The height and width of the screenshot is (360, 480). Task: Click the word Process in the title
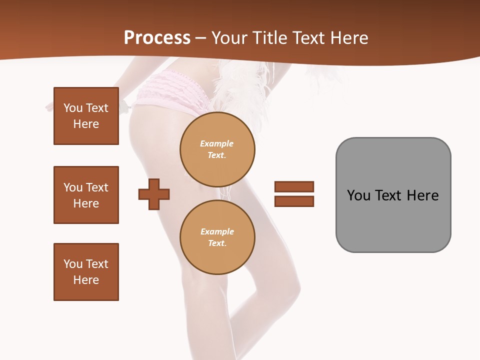[x=157, y=38]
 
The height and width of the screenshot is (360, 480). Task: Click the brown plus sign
[x=154, y=193]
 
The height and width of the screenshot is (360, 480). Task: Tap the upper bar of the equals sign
[x=294, y=186]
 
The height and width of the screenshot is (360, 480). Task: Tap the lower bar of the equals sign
[x=294, y=201]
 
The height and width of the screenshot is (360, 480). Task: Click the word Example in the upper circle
[x=217, y=143]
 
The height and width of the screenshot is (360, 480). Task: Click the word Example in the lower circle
[x=217, y=231]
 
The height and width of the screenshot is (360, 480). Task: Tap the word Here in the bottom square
[x=86, y=280]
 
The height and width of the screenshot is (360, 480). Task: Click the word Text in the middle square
[x=97, y=187]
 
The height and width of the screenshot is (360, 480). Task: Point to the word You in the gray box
[x=358, y=195]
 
